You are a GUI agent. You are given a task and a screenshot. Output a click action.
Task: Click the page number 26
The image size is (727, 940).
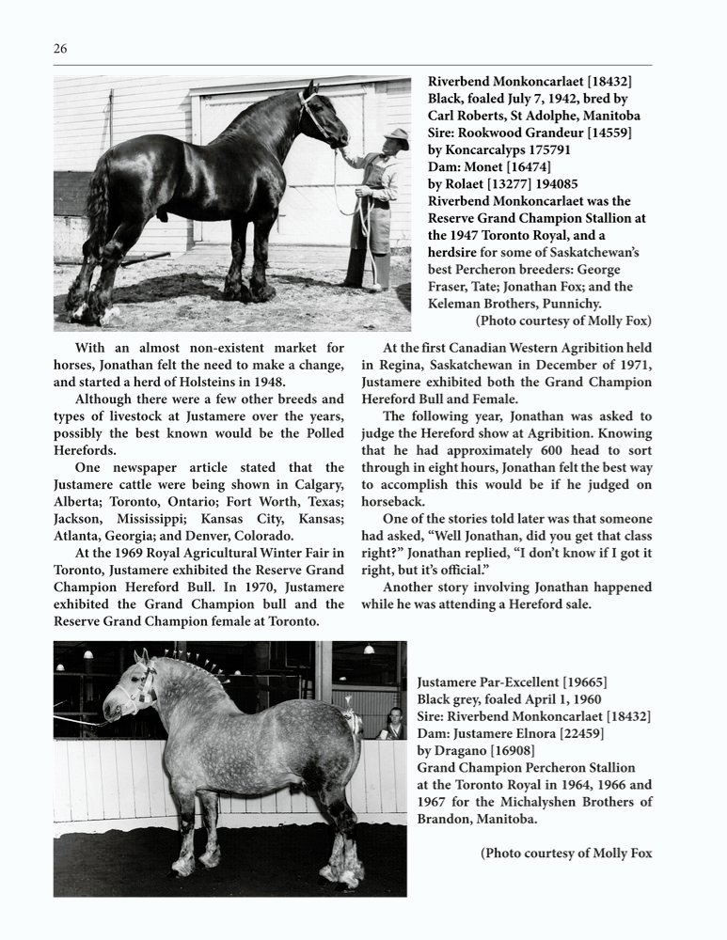[60, 49]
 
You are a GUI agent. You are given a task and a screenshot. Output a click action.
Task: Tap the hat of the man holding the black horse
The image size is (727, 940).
[396, 135]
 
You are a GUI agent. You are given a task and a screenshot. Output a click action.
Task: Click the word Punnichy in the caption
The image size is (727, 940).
[583, 304]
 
